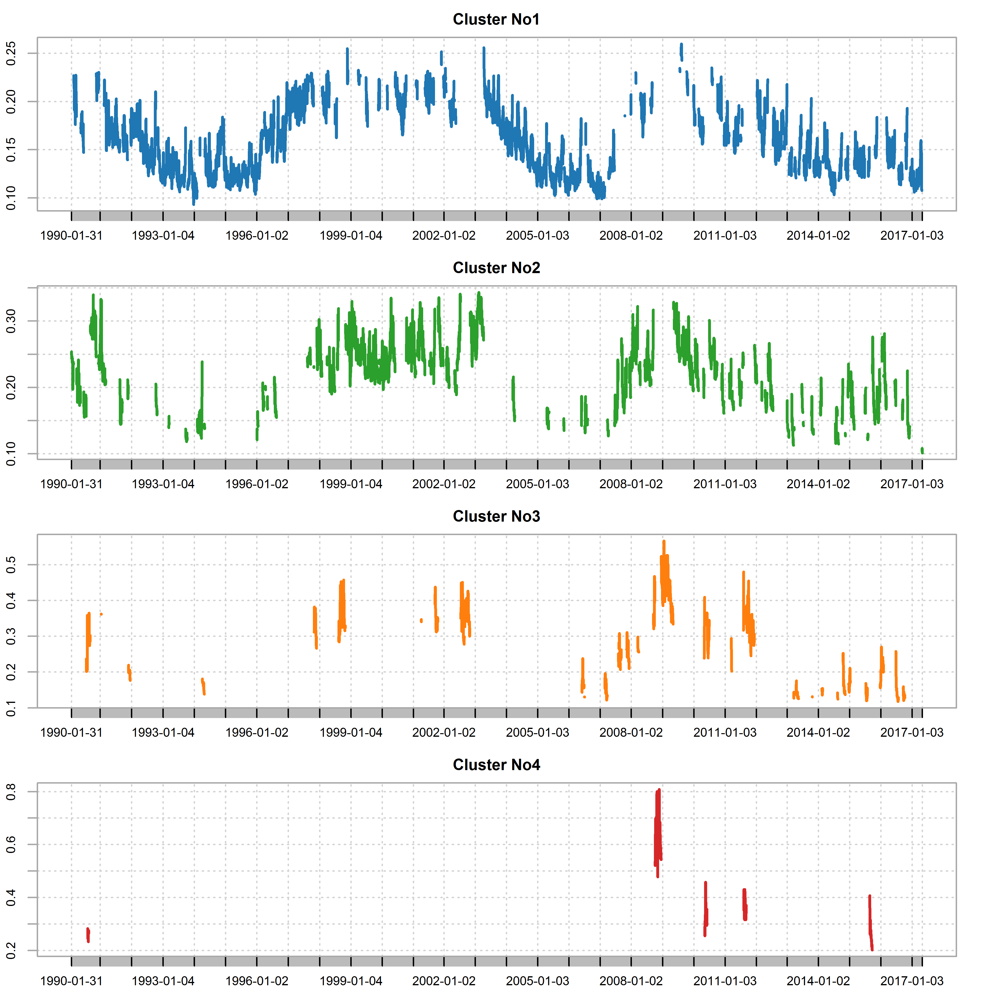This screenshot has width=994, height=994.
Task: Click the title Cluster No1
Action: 496,20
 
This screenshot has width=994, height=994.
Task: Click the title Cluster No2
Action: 496,268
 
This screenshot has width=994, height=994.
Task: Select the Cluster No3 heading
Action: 496,517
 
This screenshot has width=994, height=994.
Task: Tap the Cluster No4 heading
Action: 496,765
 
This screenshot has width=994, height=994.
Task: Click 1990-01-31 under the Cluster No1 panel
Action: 71,236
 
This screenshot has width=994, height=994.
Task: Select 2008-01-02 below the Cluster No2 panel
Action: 631,484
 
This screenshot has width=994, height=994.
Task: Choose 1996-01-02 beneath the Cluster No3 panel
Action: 257,733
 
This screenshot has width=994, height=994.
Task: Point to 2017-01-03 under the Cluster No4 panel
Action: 912,981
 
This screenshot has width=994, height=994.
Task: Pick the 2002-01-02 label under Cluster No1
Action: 444,236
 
